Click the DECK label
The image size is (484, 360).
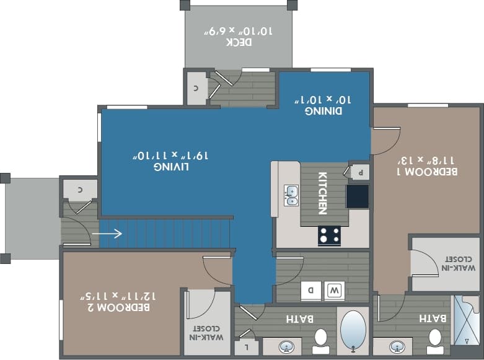click(x=239, y=42)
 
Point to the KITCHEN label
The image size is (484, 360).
click(x=322, y=193)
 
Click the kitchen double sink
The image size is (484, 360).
click(x=291, y=195)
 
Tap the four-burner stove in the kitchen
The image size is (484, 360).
click(x=329, y=235)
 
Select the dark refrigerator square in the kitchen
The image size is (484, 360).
click(x=357, y=196)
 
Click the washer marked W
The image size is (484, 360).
click(x=335, y=289)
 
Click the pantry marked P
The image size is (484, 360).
click(x=359, y=172)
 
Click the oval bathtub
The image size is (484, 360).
click(x=353, y=331)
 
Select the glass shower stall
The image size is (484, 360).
click(x=466, y=320)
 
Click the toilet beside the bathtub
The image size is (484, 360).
click(x=320, y=340)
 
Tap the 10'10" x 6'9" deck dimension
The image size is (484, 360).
click(x=239, y=30)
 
